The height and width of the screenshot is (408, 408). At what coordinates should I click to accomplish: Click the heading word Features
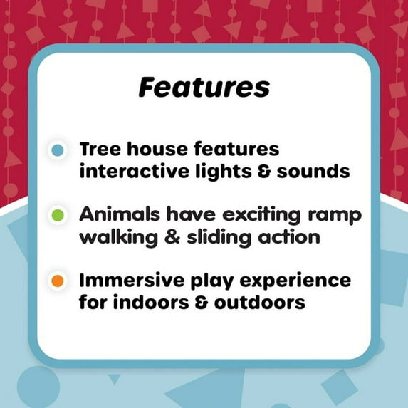[204, 88]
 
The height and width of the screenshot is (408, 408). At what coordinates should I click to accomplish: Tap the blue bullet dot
[58, 150]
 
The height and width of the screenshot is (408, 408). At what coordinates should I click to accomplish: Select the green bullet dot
[58, 215]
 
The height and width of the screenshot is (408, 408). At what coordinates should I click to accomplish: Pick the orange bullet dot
[58, 281]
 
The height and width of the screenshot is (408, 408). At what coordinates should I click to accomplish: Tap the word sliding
[219, 237]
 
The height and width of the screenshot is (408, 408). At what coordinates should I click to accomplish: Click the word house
[157, 150]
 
